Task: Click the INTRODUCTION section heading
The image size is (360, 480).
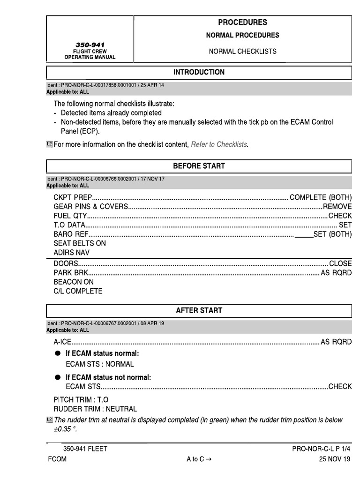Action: (x=199, y=72)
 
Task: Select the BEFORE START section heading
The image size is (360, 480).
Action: (x=199, y=166)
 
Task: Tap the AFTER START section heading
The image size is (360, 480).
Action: (x=199, y=310)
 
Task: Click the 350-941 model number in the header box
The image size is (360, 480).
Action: (x=90, y=44)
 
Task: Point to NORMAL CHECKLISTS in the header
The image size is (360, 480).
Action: (x=242, y=52)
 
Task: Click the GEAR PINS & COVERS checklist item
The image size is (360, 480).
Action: (x=90, y=207)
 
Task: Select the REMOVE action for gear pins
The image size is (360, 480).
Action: (x=337, y=207)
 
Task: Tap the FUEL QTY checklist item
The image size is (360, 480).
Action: (x=70, y=216)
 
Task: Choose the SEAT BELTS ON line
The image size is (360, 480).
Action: (x=80, y=243)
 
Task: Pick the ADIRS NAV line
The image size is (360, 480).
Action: (x=72, y=253)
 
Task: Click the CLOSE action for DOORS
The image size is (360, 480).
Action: (x=340, y=264)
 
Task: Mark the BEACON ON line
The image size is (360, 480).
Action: (x=74, y=282)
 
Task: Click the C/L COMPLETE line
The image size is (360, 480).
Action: (x=78, y=291)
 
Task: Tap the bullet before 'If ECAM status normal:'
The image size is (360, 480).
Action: (x=57, y=353)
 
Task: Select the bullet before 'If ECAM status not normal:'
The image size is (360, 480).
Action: (x=57, y=378)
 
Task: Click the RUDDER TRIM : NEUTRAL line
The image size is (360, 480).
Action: (x=95, y=409)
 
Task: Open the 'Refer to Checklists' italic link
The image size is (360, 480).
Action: (x=218, y=144)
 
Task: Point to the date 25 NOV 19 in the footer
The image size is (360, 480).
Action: (x=334, y=459)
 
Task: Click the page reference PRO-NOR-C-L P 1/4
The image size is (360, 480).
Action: (x=321, y=449)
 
